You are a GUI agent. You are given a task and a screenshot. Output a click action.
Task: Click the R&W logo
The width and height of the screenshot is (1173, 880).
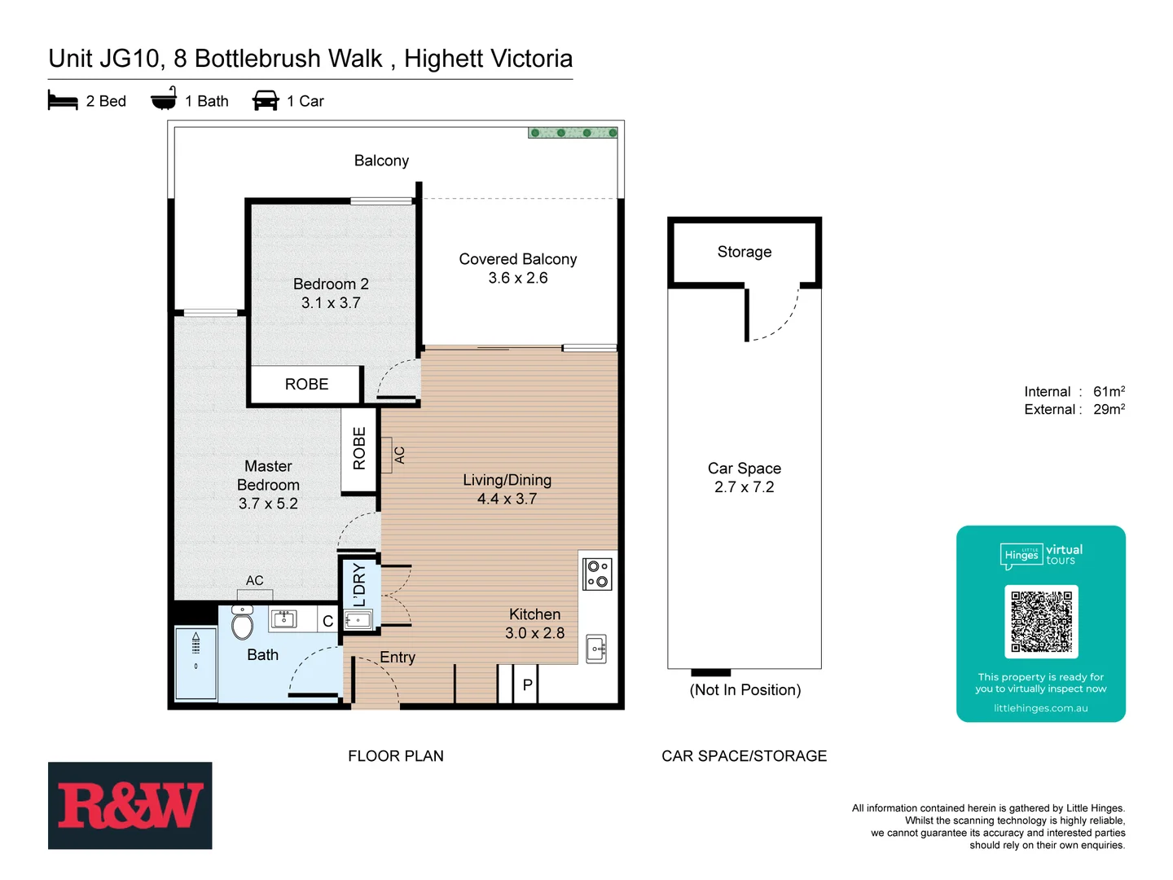click(130, 805)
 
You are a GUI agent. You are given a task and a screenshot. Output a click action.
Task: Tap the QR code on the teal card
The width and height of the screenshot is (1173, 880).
click(1041, 622)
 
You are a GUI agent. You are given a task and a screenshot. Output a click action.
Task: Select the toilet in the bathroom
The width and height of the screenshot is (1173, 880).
click(243, 624)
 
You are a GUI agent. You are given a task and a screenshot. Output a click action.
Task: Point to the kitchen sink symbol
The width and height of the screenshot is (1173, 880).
click(596, 649)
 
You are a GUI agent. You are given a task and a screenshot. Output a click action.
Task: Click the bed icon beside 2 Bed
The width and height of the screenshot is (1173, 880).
click(63, 101)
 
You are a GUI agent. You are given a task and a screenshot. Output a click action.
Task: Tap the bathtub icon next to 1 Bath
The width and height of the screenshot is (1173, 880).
click(164, 99)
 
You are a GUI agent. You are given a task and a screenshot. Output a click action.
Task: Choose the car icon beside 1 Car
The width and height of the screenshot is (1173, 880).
click(266, 101)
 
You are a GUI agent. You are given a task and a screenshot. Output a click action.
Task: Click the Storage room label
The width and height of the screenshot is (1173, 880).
click(744, 252)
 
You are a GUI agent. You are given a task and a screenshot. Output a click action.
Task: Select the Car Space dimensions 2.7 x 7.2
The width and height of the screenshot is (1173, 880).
click(744, 487)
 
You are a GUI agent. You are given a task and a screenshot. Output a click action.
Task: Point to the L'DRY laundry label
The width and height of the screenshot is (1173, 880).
click(359, 585)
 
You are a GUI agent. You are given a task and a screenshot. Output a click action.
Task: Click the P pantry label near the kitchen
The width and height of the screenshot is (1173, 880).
click(527, 685)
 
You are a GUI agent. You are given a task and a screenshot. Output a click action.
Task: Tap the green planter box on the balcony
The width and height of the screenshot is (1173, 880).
click(573, 133)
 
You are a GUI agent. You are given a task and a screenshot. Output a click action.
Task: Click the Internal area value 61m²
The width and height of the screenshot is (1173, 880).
click(1109, 392)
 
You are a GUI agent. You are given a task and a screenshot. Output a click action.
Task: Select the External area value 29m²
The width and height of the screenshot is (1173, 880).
click(1109, 410)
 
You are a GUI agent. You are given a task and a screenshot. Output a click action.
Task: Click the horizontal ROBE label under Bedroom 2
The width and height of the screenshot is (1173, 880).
click(306, 385)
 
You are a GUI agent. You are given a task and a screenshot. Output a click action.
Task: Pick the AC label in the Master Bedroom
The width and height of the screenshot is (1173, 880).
click(254, 581)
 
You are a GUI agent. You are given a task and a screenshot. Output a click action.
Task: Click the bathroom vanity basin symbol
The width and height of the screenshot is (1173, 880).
click(283, 619)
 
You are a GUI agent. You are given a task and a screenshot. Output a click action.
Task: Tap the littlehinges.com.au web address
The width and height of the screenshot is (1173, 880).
click(1040, 709)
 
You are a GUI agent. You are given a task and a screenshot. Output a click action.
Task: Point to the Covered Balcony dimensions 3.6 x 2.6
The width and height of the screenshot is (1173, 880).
click(517, 278)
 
